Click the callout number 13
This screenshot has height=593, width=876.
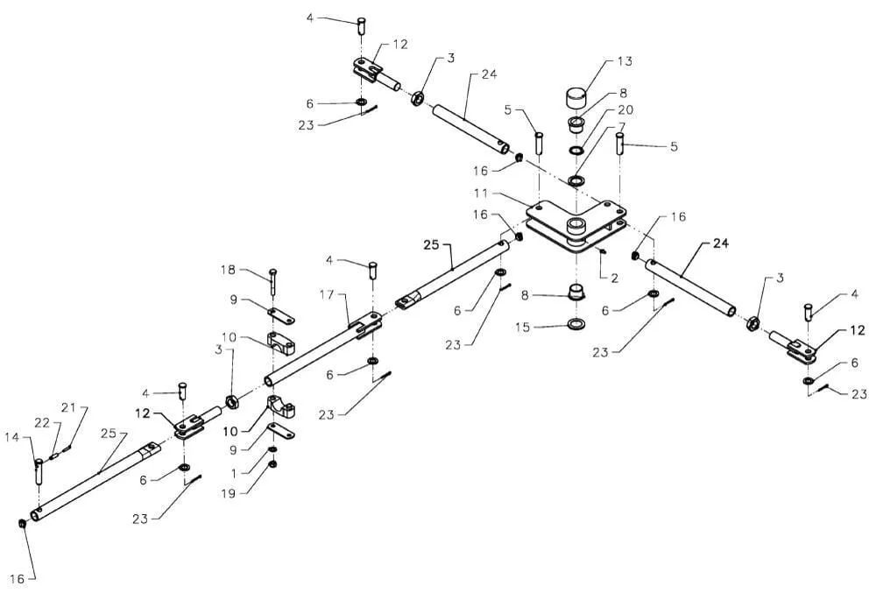625,60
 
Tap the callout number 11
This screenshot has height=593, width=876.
481,194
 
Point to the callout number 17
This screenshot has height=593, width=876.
327,294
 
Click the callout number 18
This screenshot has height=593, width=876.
229,270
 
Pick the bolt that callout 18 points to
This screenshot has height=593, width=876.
272,281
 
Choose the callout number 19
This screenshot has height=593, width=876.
229,494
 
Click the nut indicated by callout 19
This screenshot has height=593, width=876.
273,464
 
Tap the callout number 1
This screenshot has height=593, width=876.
234,473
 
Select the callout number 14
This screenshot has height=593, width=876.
12,437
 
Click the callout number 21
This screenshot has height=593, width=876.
68,408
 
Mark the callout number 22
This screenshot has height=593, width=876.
42,423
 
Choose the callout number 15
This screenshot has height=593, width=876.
522,328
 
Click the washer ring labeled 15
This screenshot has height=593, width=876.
576,323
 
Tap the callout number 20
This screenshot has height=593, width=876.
625,109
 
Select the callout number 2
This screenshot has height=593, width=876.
615,278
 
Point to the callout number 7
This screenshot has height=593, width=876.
622,128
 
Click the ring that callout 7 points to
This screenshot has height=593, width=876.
576,181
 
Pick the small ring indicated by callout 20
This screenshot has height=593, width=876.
576,150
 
